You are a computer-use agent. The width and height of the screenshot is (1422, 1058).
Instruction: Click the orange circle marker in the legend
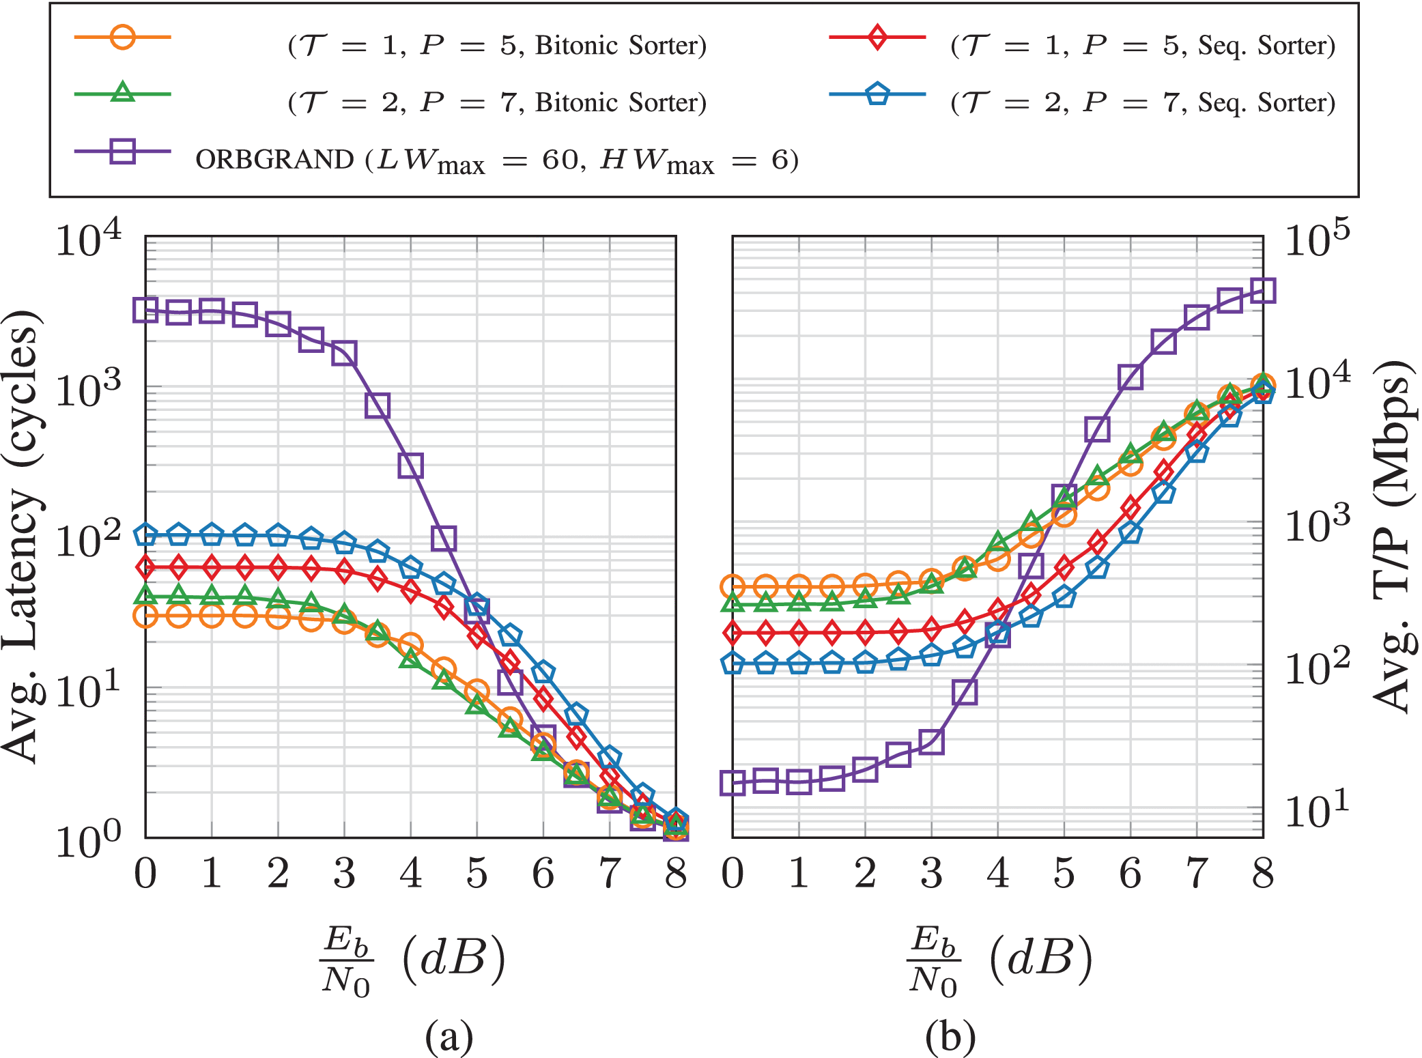point(122,36)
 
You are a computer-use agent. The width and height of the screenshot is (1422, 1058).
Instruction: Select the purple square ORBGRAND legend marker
point(122,150)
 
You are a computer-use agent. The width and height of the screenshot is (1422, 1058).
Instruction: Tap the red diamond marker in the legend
point(877,36)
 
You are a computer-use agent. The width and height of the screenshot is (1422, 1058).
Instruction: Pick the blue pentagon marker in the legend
point(877,94)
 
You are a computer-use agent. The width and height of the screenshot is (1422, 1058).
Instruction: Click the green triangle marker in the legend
point(122,92)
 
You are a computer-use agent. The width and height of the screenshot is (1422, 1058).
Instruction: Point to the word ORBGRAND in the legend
point(274,160)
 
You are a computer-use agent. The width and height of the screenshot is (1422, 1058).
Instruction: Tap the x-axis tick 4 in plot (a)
point(410,874)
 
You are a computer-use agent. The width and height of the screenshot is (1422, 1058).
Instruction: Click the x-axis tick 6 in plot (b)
point(1131,874)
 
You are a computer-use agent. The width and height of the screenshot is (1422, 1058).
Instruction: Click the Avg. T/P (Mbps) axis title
point(1393,536)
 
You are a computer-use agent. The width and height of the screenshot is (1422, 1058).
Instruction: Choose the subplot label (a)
point(449,1037)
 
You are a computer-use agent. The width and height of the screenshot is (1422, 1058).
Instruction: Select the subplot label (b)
point(950,1037)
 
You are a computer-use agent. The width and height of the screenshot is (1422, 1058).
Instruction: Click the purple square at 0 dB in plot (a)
point(145,310)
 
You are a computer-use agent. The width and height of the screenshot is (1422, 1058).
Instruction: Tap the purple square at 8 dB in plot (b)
point(1263,290)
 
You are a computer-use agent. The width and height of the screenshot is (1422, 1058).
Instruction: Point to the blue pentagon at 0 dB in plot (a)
point(145,534)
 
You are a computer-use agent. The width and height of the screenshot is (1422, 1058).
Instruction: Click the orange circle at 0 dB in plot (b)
point(733,586)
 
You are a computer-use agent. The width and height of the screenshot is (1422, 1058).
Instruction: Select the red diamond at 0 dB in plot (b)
point(733,633)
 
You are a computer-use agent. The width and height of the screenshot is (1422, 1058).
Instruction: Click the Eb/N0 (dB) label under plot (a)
point(412,959)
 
